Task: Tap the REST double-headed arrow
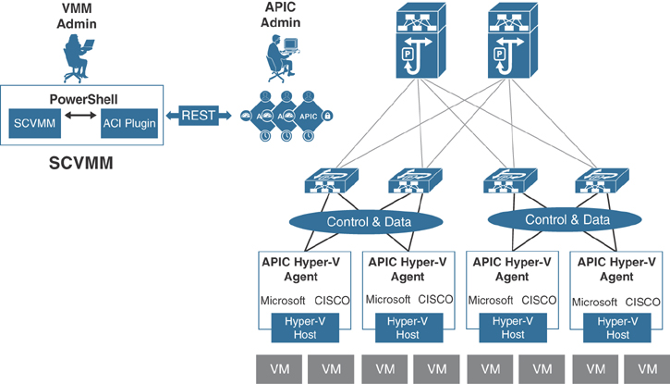(x=198, y=116)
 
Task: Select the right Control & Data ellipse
(x=567, y=219)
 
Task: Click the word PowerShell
(x=81, y=97)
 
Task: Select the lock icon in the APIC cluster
(x=326, y=116)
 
